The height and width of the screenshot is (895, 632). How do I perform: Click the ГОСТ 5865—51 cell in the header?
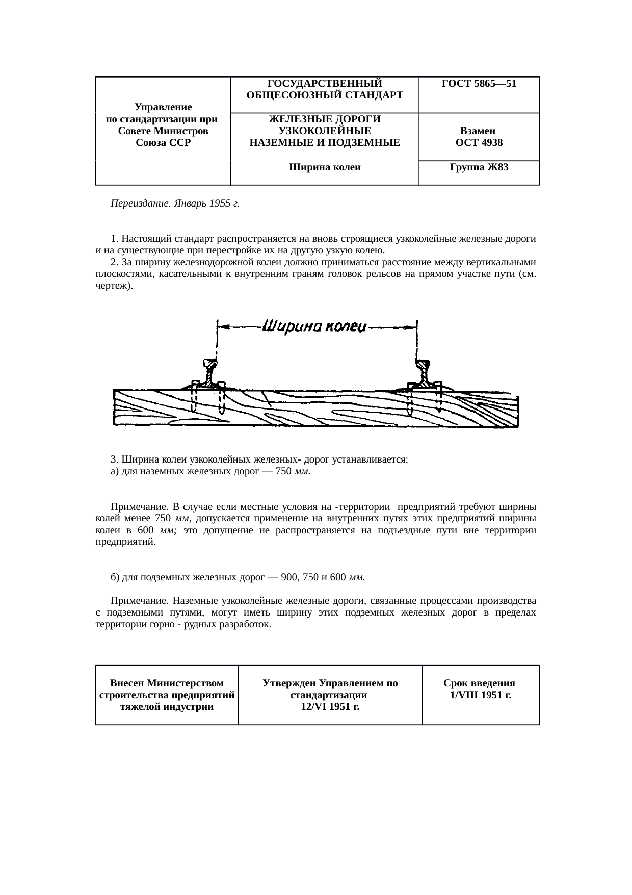tap(479, 84)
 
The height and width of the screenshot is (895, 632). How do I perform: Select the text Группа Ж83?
tap(479, 167)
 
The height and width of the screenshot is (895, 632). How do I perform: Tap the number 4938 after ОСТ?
tap(491, 143)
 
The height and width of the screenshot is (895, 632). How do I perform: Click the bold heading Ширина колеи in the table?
tap(325, 167)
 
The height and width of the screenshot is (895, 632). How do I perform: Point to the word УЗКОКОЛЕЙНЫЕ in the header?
tap(325, 131)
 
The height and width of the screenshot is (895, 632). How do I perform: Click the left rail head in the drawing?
tap(209, 364)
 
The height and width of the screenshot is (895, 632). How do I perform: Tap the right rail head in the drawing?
tap(423, 365)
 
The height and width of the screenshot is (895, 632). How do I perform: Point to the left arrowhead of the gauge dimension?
tap(222, 326)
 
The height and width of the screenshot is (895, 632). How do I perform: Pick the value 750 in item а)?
tap(283, 471)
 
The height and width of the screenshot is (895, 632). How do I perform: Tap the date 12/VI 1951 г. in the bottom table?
tap(330, 707)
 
